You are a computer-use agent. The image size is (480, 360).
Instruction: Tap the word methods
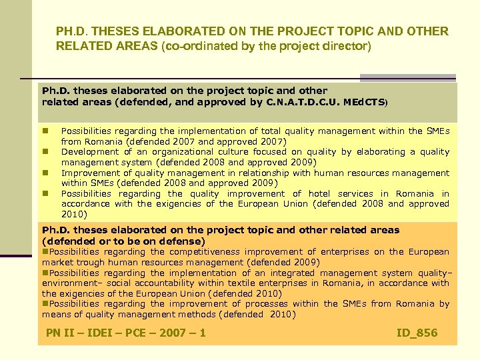click(x=197, y=315)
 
